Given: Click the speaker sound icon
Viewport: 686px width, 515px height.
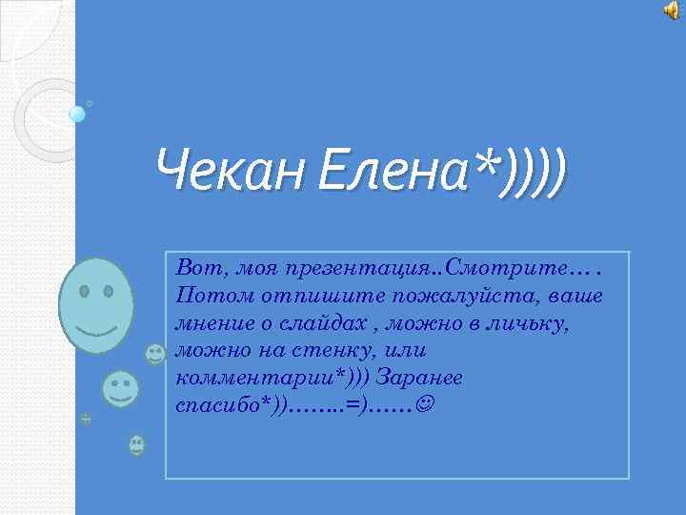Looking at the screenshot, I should (x=672, y=10).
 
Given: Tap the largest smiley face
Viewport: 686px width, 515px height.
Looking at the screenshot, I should (x=95, y=304).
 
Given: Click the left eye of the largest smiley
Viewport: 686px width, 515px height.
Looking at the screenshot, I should (x=85, y=289).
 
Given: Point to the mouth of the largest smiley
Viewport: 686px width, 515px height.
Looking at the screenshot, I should (x=97, y=330).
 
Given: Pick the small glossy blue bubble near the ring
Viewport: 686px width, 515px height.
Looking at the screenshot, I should (x=77, y=114).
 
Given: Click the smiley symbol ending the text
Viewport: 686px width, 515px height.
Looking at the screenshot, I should (x=423, y=405).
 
